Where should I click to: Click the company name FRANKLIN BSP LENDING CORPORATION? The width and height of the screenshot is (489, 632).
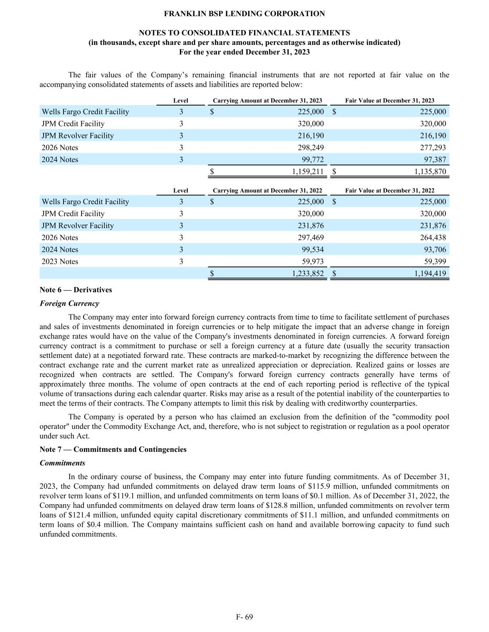[x=244, y=14]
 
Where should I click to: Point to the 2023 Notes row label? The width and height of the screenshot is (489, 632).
[x=60, y=262]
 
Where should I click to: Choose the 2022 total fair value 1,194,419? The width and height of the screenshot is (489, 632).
[x=430, y=274]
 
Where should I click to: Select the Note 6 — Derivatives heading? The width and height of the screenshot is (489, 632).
[x=76, y=290]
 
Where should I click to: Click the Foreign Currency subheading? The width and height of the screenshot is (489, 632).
[x=70, y=304]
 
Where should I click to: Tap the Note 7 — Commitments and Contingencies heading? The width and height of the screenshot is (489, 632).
[x=113, y=450]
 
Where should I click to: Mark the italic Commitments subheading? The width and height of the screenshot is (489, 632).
[x=63, y=463]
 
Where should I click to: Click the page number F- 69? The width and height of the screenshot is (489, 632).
[x=244, y=617]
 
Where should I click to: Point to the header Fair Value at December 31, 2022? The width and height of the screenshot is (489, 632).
[x=390, y=190]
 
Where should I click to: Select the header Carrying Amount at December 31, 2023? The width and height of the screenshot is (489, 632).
[x=267, y=100]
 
